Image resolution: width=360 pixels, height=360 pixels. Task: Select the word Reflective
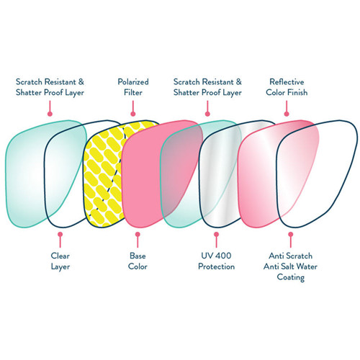point(286,82)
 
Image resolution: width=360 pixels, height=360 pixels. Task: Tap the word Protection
point(215,267)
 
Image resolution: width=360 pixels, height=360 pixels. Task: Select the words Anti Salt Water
point(290,267)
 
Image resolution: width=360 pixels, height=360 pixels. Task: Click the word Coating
point(290,278)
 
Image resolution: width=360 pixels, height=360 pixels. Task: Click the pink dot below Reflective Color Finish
point(286,112)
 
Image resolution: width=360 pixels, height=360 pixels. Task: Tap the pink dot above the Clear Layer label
point(60,234)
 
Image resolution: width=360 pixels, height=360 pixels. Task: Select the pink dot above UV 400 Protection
point(215,234)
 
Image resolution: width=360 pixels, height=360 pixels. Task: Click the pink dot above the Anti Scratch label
point(290,234)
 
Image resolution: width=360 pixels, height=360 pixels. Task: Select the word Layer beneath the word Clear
point(60,267)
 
